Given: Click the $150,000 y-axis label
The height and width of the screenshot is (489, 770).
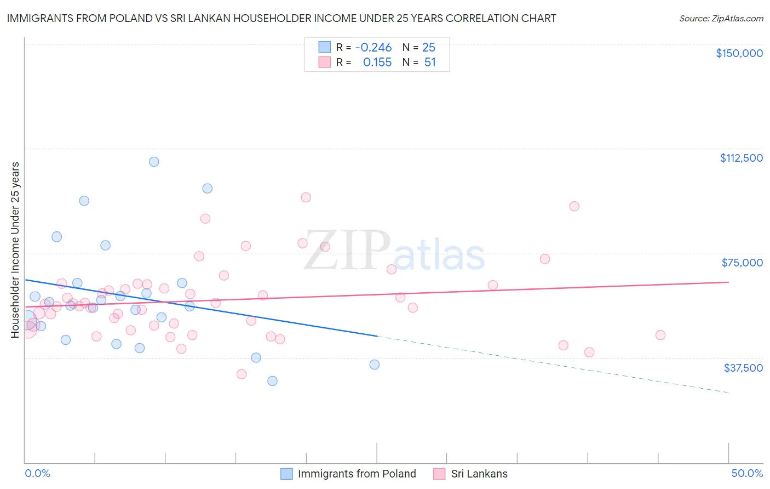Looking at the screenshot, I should pyautogui.click(x=739, y=53).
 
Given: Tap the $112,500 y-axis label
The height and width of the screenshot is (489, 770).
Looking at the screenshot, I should pyautogui.click(x=741, y=158).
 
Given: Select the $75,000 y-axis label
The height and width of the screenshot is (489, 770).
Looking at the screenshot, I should pyautogui.click(x=742, y=263).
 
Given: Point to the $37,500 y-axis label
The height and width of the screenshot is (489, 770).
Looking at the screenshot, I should pyautogui.click(x=743, y=368).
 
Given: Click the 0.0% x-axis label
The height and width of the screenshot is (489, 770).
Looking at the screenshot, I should pyautogui.click(x=37, y=473).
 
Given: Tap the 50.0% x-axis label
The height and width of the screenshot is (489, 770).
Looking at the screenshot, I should pyautogui.click(x=746, y=473).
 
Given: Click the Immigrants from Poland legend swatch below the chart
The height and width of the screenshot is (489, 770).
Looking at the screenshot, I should pyautogui.click(x=286, y=474).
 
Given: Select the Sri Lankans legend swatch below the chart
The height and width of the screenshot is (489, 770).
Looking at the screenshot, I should pyautogui.click(x=439, y=474).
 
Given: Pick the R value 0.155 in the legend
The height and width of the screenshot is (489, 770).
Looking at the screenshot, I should pyautogui.click(x=377, y=62).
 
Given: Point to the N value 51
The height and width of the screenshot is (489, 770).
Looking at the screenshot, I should pyautogui.click(x=430, y=62).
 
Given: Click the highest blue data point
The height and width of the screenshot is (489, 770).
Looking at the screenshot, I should pyautogui.click(x=154, y=162).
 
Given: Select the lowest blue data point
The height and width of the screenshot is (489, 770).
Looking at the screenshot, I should pyautogui.click(x=272, y=381).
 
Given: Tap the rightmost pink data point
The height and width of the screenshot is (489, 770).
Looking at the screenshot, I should pyautogui.click(x=660, y=335).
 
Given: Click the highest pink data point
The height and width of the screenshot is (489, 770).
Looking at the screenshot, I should pyautogui.click(x=306, y=197).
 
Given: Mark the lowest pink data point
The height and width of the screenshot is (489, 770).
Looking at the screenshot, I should pyautogui.click(x=242, y=374).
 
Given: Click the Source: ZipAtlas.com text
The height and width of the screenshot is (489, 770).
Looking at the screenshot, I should pyautogui.click(x=721, y=19).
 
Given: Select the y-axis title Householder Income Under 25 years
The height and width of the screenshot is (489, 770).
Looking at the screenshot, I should pyautogui.click(x=15, y=249).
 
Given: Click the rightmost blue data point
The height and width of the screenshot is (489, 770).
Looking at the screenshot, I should pyautogui.click(x=375, y=365).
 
